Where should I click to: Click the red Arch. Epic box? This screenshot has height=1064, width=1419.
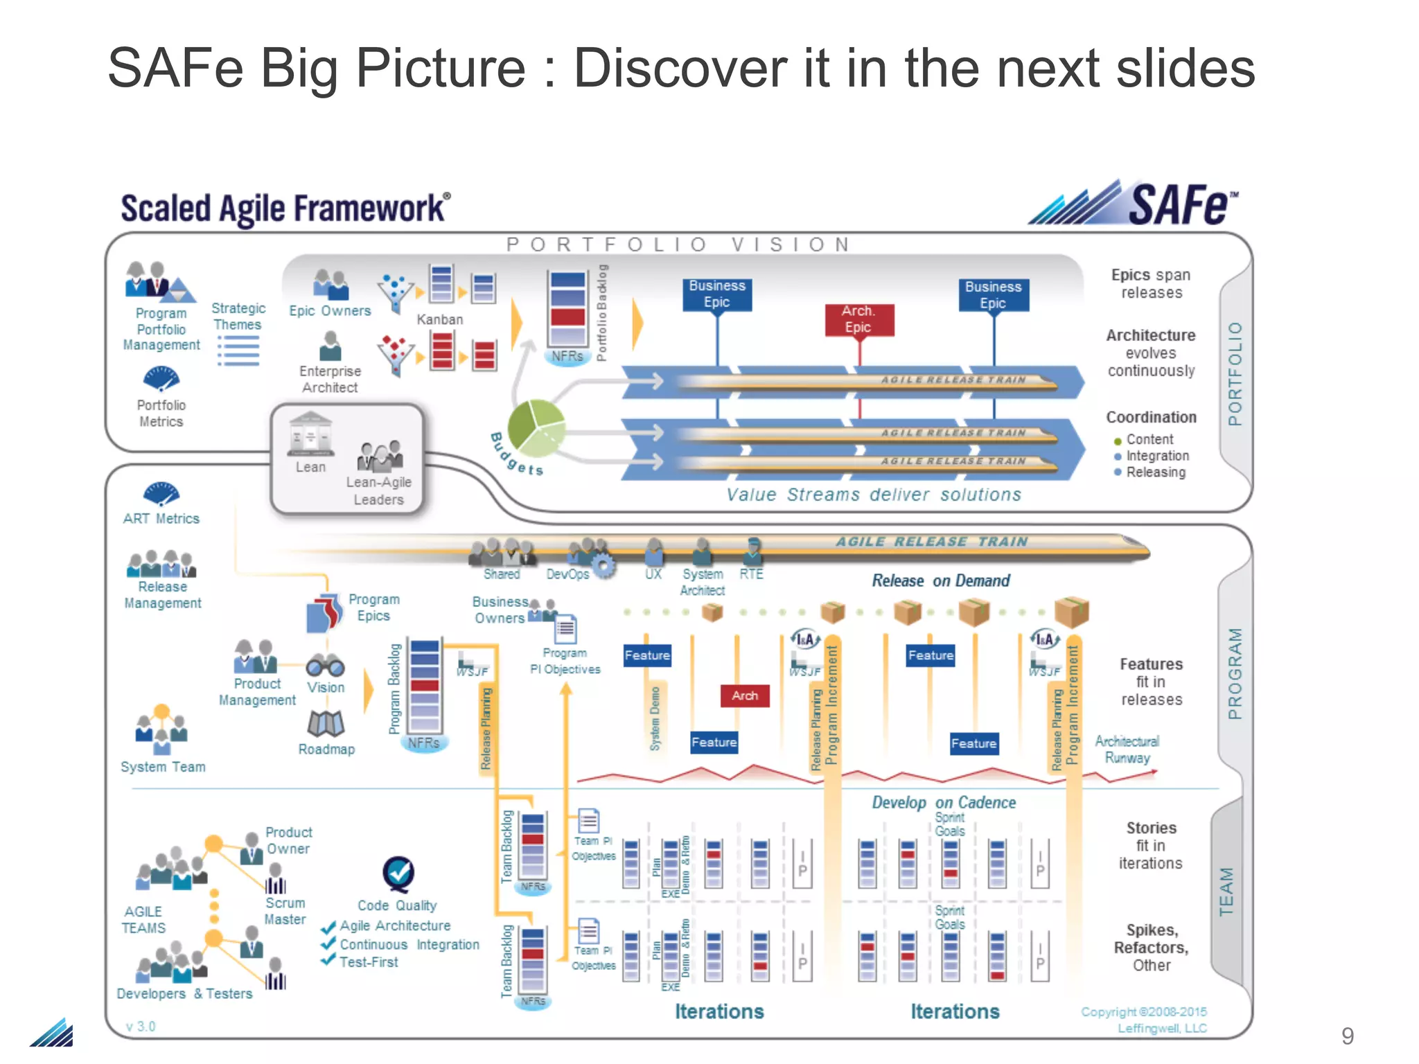[859, 320]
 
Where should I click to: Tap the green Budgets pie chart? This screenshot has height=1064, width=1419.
[536, 427]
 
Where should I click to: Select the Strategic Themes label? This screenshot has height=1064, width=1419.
[238, 316]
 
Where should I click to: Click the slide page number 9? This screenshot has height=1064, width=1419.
[1347, 1036]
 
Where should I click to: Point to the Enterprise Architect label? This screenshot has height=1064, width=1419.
[330, 379]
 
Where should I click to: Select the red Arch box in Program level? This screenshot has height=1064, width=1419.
[744, 695]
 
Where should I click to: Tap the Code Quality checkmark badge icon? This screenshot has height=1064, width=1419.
[398, 874]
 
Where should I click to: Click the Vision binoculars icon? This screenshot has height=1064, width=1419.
[326, 665]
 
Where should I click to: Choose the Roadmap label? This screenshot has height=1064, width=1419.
[326, 749]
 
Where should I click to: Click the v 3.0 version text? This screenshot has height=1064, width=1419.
[141, 1026]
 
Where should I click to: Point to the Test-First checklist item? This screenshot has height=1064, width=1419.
[369, 962]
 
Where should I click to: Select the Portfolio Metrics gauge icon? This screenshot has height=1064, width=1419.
[161, 379]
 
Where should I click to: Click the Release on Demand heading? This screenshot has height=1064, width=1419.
[940, 580]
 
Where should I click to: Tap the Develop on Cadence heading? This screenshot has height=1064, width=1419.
[943, 802]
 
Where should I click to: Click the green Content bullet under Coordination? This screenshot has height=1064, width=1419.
[1117, 441]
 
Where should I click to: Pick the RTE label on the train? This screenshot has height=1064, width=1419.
[751, 574]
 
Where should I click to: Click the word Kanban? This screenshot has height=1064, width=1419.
[439, 319]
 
